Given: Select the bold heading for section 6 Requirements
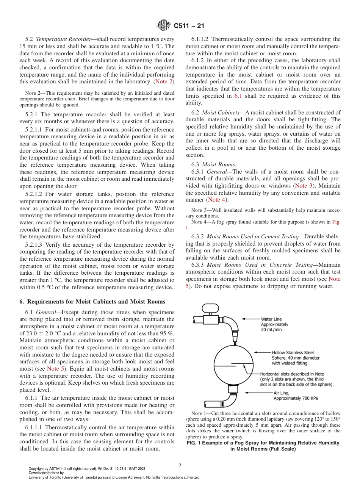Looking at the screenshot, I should [92, 302].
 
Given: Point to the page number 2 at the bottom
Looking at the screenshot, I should [180, 466].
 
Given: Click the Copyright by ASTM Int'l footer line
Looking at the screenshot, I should [87, 469].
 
